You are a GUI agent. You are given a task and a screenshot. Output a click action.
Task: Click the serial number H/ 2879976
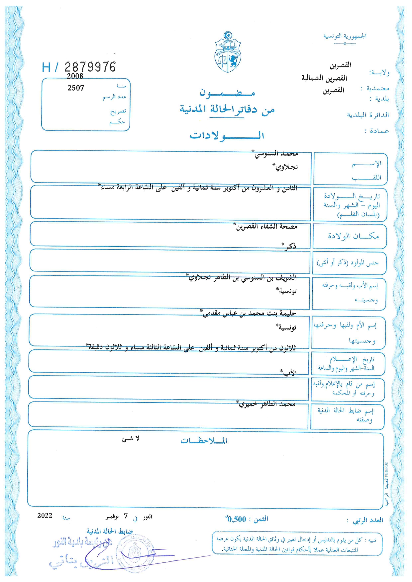coord(79,67)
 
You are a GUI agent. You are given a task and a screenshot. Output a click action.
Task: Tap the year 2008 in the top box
coord(75,76)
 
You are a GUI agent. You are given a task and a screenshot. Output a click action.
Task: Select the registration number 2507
coord(76,88)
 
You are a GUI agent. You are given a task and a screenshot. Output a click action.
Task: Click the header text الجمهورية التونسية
coord(345,36)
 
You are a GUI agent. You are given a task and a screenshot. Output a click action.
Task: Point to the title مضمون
coord(227,93)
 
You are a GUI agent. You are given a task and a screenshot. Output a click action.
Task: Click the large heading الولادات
coord(227,135)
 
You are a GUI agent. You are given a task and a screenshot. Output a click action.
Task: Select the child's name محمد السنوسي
coord(276,154)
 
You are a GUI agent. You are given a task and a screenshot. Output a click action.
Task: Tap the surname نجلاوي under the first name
coord(285,167)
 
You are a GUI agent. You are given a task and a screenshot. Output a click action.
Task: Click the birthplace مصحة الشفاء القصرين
coord(266,227)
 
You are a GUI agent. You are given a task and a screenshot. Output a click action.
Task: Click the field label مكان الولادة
coord(353,236)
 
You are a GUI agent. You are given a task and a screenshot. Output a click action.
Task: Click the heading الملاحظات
coord(204,441)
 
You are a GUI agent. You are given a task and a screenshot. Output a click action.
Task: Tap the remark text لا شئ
coord(131,439)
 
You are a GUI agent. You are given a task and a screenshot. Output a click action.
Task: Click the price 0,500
coord(236,519)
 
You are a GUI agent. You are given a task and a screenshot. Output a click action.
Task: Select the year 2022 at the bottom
coord(45,515)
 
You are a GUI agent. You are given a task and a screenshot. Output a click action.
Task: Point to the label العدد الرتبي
coord(368,520)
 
